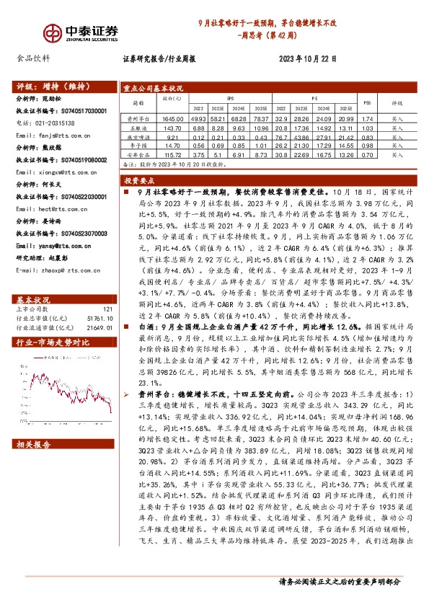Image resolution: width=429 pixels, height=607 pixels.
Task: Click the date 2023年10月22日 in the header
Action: click(306, 59)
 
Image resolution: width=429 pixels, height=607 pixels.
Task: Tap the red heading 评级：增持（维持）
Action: click(47, 84)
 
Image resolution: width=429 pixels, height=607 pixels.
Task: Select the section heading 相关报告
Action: click(33, 444)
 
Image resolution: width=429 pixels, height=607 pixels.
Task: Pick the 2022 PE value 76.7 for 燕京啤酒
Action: click(281, 137)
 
